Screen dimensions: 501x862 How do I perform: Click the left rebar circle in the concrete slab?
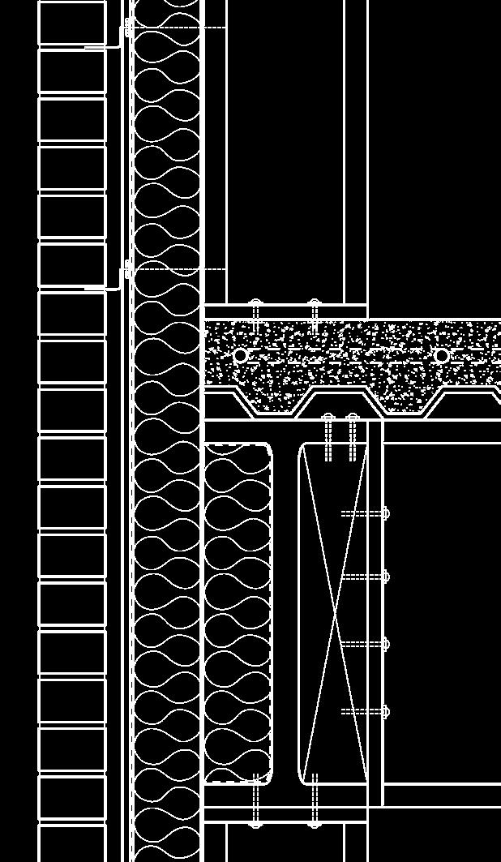click(240, 355)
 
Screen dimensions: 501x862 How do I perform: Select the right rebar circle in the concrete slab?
click(442, 355)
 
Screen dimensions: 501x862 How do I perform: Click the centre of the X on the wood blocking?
click(335, 614)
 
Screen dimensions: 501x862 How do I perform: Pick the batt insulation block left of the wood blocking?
click(238, 613)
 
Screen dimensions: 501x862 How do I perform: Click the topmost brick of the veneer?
click(72, 23)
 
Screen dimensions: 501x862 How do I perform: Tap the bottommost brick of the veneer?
click(72, 843)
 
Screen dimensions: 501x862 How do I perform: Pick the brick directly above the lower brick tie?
click(72, 265)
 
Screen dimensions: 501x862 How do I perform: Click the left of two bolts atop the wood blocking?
click(328, 438)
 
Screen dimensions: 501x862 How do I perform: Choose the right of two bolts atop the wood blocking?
click(353, 438)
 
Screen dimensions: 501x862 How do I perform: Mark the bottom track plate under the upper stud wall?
click(285, 311)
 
